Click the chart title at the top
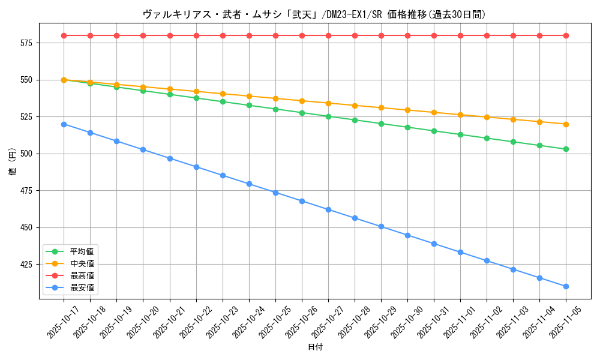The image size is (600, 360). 314,14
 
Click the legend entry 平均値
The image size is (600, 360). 82,251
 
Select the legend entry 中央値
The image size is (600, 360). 82,263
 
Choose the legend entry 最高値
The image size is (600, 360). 82,275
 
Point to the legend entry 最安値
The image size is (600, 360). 82,287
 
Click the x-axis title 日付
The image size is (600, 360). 315,347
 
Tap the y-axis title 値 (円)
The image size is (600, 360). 13,161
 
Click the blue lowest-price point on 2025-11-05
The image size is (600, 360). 566,286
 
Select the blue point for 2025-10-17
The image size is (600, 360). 64,124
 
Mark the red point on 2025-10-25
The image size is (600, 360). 275,35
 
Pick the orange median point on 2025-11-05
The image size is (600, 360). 566,124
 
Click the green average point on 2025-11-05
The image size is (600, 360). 566,149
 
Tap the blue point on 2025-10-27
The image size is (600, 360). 328,209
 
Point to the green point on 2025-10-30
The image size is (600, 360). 407,127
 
